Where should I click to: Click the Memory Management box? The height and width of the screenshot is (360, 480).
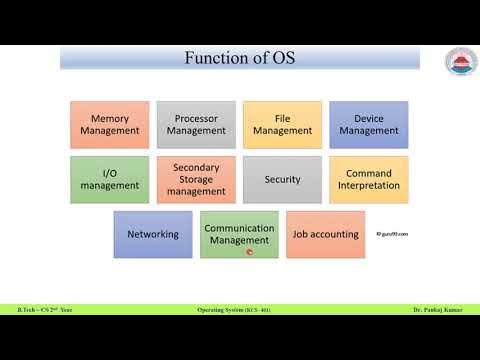[x=110, y=124]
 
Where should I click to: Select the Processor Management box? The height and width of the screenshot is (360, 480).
[x=196, y=124]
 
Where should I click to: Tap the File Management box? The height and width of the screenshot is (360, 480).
[x=283, y=124]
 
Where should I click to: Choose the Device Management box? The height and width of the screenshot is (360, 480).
[x=369, y=124]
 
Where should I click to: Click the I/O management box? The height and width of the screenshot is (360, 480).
[x=110, y=179]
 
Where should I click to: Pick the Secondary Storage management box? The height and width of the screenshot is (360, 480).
[x=196, y=179]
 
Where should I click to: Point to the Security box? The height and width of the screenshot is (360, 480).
[x=283, y=179]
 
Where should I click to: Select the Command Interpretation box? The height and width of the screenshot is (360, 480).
[x=369, y=179]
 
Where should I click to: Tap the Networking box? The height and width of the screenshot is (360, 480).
[x=153, y=234]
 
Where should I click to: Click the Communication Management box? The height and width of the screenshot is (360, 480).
[x=239, y=234]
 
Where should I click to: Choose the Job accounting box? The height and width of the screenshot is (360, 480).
[x=325, y=234]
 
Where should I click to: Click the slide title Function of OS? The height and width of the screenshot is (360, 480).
[x=239, y=57]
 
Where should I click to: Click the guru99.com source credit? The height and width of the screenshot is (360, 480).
[x=393, y=235]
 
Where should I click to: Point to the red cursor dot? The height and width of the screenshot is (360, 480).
[x=249, y=251]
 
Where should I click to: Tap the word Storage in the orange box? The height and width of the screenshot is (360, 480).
[x=196, y=179]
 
